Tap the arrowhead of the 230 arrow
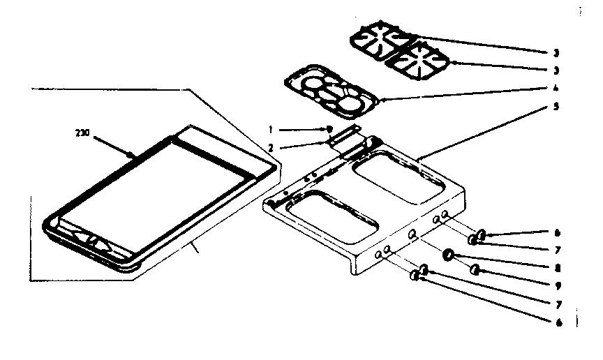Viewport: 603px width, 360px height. (x=133, y=155)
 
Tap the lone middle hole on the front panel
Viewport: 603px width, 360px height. (x=413, y=236)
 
